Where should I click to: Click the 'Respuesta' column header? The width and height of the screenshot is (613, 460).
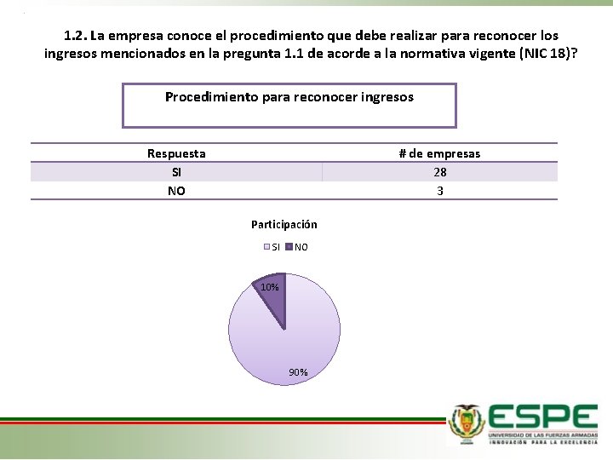[x=176, y=153]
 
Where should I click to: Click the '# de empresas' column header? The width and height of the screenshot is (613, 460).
[x=439, y=153]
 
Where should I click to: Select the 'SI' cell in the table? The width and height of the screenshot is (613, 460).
[x=176, y=172]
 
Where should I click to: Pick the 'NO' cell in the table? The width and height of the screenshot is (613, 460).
[x=176, y=191]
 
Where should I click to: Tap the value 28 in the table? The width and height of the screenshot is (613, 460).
[x=439, y=172]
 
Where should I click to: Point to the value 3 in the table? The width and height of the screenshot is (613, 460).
[x=439, y=191]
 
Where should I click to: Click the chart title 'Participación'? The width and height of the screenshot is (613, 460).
[x=284, y=225]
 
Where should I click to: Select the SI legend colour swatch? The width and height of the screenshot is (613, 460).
[x=266, y=247]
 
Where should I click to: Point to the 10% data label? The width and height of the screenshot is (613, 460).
[x=269, y=288]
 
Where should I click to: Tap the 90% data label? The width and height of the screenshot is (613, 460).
[x=298, y=372]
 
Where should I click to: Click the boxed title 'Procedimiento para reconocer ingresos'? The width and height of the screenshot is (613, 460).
[x=289, y=97]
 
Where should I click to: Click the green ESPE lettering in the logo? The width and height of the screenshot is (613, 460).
[x=543, y=417]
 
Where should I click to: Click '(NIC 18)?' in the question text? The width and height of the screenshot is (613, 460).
[x=547, y=54]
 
